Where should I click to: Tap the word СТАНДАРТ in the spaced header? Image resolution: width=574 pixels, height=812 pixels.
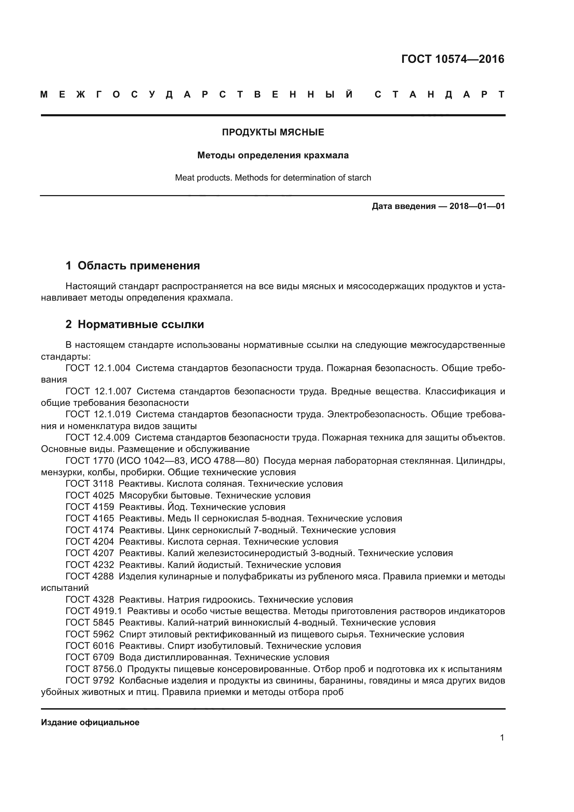(x=439, y=94)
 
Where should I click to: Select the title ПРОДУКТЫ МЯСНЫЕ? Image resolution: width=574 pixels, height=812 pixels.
(x=273, y=132)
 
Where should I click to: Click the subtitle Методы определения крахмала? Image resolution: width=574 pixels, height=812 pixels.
(x=273, y=155)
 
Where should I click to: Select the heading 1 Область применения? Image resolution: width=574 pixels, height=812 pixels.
(x=133, y=265)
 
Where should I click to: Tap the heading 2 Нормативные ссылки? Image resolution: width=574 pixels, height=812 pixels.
(x=135, y=324)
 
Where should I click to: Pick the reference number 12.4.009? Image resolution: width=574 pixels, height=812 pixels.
(x=112, y=437)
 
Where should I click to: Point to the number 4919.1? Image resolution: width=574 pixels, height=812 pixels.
(x=107, y=611)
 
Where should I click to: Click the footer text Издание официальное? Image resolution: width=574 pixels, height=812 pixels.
(x=90, y=722)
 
